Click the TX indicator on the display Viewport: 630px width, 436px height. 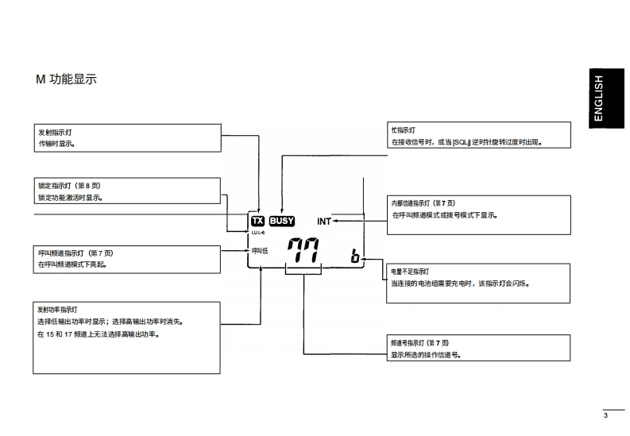[257, 222]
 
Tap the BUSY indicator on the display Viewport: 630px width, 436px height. [281, 222]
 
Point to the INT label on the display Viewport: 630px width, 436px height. [324, 222]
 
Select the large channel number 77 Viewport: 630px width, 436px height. [303, 252]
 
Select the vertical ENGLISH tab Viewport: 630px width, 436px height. [599, 98]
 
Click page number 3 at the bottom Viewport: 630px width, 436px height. [605, 415]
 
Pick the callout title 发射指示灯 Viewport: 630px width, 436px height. [60, 132]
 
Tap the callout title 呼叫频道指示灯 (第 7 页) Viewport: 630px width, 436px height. [77, 253]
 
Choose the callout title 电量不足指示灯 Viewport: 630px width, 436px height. [410, 271]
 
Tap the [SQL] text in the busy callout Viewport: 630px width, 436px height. [461, 142]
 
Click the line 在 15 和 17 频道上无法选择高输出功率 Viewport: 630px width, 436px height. [99, 334]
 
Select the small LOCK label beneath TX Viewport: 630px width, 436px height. [257, 233]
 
